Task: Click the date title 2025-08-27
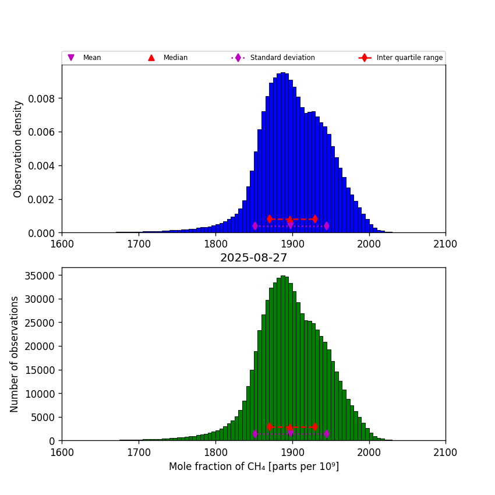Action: coord(253,257)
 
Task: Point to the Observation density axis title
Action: coord(18,148)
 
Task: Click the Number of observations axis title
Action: coord(15,354)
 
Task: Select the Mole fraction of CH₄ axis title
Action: coord(253,466)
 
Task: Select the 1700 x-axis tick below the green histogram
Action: coord(139,451)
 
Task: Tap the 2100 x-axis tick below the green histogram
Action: coord(446,451)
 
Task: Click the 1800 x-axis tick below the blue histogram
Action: coord(215,243)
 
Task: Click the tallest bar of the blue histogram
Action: coord(283,151)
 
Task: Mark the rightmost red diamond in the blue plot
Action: coord(315,219)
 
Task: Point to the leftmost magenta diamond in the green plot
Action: coord(255,434)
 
